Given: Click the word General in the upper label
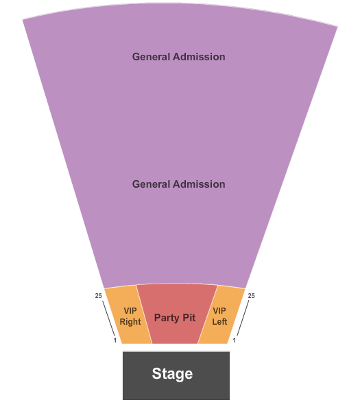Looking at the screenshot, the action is (151, 57).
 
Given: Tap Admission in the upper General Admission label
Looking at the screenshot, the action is (199, 57).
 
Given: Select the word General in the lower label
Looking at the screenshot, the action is (151, 184).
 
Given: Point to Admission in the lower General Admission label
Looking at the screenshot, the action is (199, 184).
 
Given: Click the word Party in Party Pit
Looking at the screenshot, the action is (167, 319).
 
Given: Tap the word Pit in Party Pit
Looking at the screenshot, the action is (189, 317).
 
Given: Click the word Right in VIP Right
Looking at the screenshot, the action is (130, 322).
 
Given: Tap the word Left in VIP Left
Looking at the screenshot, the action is (219, 322).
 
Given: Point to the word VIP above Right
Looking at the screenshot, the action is (130, 311).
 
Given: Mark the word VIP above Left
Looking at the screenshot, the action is (219, 311).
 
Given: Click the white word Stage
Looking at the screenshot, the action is (172, 374).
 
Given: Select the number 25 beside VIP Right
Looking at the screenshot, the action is (98, 296).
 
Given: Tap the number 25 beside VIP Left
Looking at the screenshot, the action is (252, 296).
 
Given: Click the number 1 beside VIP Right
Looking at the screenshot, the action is (115, 340).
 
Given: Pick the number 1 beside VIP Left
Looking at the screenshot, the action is (235, 340).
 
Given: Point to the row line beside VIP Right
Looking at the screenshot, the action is (108, 318).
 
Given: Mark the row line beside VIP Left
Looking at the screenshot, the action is (243, 318).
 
